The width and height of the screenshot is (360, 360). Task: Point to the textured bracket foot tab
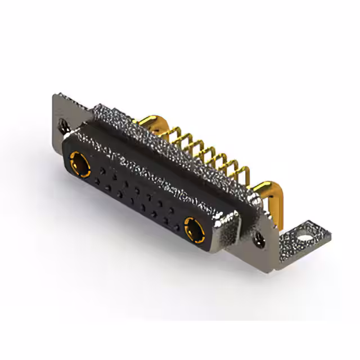298,236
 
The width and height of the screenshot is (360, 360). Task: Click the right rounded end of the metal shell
231,225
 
